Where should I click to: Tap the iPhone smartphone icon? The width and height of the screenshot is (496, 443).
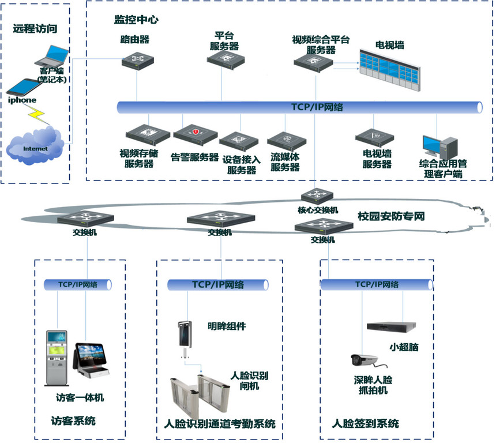tap(22, 87)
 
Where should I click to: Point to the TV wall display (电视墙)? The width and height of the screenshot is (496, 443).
tap(389, 68)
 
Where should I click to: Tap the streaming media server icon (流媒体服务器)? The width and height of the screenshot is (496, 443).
tap(287, 141)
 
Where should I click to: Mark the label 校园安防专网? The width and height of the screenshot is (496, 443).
tap(391, 217)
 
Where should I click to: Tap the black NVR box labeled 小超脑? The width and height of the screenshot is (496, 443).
tap(391, 326)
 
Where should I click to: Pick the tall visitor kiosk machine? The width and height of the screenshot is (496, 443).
tap(57, 358)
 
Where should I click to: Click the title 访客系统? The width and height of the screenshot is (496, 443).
tap(73, 421)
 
